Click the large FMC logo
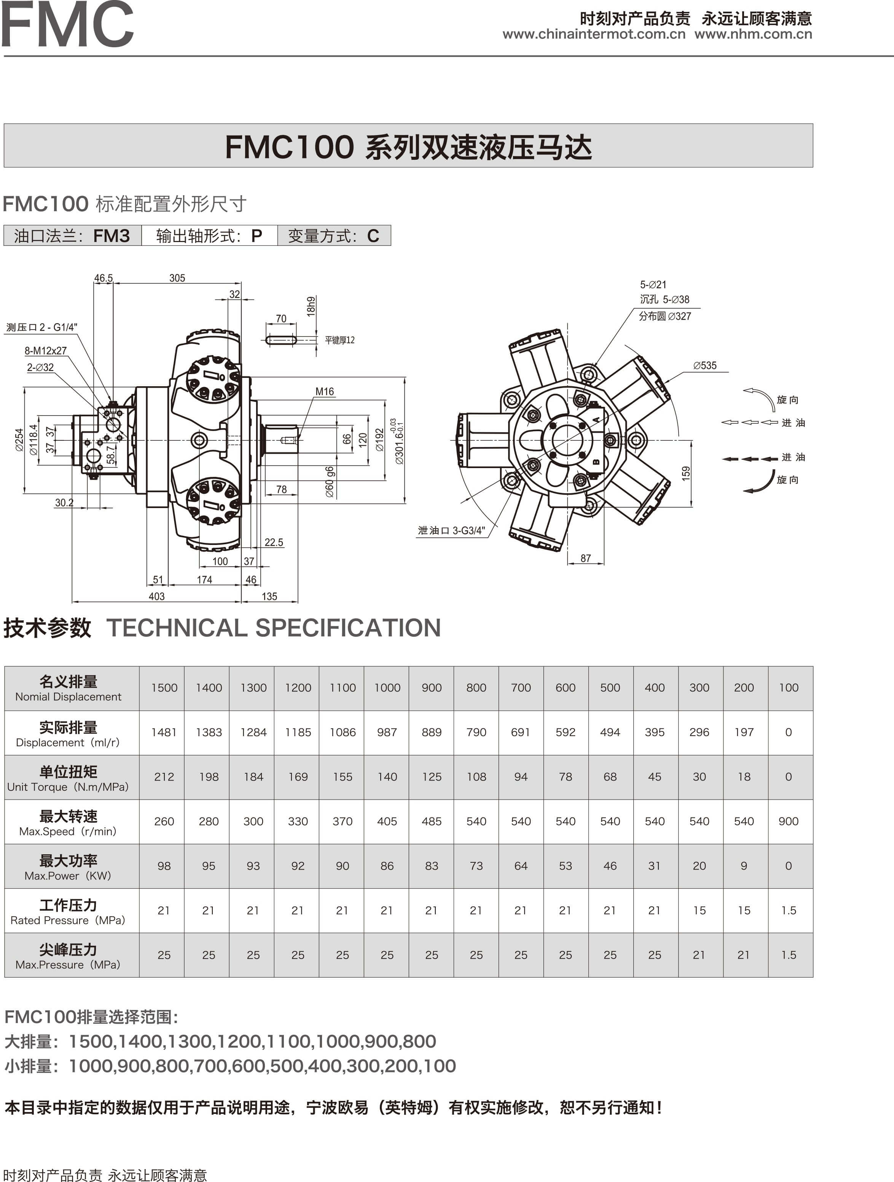(x=67, y=25)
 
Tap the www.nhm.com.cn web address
(x=753, y=34)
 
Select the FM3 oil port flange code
(x=111, y=236)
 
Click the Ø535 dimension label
(x=704, y=365)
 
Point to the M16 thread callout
(x=324, y=392)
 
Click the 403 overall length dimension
(x=156, y=596)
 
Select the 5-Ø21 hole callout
(x=653, y=285)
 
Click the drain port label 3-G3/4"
(x=451, y=530)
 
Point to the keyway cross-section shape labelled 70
(x=281, y=340)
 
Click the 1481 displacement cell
(x=164, y=732)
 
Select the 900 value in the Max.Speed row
(x=788, y=821)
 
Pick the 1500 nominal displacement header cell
(x=164, y=688)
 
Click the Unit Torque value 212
(x=164, y=777)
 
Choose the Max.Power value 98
(x=164, y=866)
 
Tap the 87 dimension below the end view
(x=586, y=558)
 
